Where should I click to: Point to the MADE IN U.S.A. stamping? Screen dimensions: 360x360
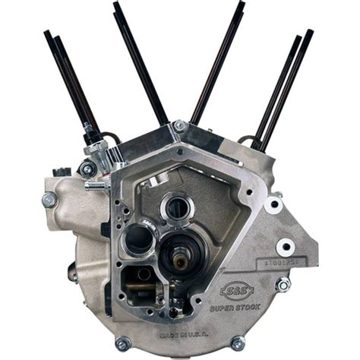tap(196, 327)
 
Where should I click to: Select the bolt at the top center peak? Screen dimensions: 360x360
tap(179, 126)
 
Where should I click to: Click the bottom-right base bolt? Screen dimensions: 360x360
tap(238, 343)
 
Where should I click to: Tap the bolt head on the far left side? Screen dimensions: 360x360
tap(49, 201)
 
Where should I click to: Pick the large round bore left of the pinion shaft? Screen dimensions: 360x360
tap(140, 238)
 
